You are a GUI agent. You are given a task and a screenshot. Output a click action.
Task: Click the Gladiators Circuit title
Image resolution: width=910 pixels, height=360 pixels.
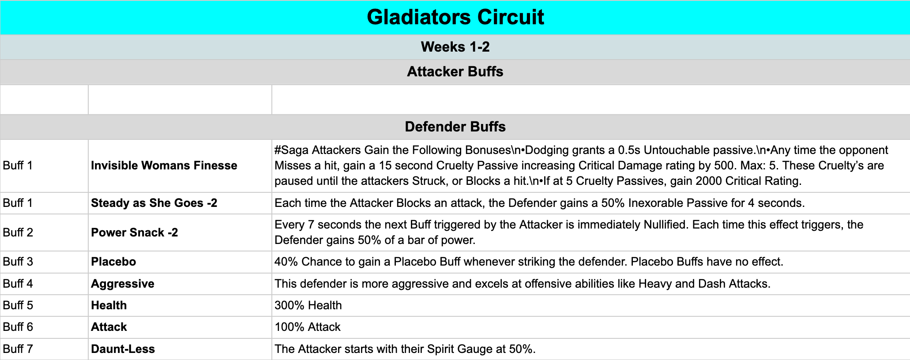(x=455, y=17)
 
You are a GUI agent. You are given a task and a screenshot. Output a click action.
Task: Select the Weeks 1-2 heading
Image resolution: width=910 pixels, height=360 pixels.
(x=455, y=47)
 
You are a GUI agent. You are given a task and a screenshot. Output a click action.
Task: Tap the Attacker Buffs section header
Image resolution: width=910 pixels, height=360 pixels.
(x=455, y=71)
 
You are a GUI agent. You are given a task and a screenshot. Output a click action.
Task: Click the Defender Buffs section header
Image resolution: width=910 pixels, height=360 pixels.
(x=455, y=127)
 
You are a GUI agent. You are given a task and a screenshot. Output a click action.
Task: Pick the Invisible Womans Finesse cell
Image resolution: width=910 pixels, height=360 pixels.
(x=164, y=165)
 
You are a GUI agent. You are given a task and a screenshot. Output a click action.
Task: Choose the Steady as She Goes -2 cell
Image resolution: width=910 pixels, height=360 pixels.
(x=154, y=203)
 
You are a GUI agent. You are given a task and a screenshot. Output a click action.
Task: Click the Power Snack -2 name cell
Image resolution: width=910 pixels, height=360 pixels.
(x=135, y=232)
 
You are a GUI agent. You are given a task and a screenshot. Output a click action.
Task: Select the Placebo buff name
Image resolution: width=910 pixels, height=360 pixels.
(x=113, y=262)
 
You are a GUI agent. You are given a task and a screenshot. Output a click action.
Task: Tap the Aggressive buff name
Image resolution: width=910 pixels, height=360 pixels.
(x=123, y=284)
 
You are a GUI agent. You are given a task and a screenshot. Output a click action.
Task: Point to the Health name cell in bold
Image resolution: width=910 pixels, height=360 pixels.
(x=109, y=305)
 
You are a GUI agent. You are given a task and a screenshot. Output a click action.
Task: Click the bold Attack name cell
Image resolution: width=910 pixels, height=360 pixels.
(x=109, y=327)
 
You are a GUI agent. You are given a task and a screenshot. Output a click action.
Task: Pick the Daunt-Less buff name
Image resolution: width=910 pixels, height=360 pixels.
(x=123, y=349)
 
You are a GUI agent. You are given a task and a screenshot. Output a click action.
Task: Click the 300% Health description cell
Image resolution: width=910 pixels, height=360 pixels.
(x=308, y=305)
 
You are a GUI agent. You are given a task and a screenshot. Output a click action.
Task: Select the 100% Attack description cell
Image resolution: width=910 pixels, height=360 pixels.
(x=308, y=327)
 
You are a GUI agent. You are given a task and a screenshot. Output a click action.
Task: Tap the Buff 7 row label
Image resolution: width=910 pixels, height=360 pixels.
(x=18, y=349)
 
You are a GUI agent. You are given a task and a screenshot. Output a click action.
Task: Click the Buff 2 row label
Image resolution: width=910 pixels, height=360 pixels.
(x=18, y=232)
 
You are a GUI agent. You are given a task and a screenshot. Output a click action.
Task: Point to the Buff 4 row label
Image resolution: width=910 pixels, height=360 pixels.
(x=18, y=284)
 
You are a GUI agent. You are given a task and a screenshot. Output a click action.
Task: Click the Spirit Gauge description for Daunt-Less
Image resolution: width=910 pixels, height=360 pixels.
(x=405, y=349)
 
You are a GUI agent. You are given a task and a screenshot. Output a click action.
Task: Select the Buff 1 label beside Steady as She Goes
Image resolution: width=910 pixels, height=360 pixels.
(x=18, y=203)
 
